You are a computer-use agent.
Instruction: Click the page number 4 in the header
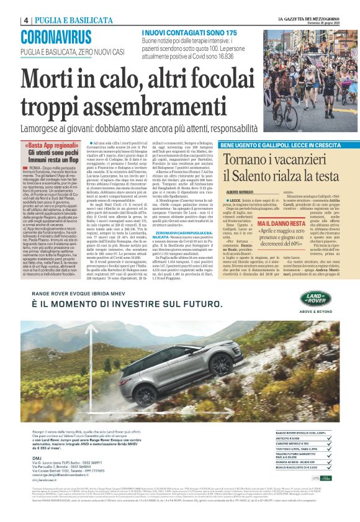[x=26, y=20]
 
